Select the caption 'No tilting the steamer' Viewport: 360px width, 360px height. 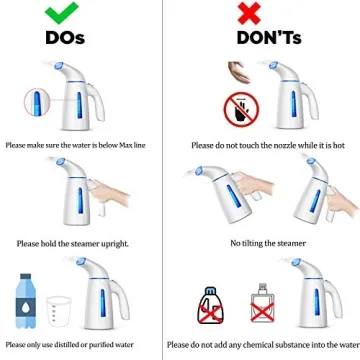tap(267, 243)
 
